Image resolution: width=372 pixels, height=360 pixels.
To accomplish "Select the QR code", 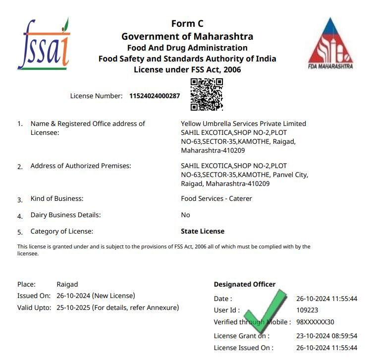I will point(207,94).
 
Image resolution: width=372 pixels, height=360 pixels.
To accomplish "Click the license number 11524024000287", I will point(155,96).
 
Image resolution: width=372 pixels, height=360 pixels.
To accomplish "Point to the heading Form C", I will point(187,24).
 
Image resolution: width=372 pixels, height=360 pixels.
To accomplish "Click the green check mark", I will point(266,313).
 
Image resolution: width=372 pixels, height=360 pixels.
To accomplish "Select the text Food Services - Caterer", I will point(216,198).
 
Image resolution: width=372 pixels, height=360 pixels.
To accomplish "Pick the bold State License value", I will point(203,231).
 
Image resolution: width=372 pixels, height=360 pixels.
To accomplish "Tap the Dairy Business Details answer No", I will point(186,215).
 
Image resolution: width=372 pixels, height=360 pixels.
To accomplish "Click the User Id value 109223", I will point(307,310).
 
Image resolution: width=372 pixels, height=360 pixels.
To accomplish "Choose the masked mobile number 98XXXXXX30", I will point(315,322).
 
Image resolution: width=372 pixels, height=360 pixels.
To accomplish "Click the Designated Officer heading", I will point(245,284).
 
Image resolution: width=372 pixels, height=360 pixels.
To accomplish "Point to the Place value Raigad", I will point(67,284).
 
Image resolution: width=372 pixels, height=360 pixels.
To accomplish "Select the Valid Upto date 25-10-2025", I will point(74,307).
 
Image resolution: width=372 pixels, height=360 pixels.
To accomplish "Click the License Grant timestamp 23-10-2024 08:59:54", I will point(326,336).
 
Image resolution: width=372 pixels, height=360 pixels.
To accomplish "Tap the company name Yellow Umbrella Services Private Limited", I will point(244,123).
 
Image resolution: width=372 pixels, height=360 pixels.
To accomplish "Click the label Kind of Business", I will point(57,198).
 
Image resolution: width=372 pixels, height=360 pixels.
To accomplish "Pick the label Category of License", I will point(62,231).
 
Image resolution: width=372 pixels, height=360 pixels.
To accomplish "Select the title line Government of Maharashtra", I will point(187,36).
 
